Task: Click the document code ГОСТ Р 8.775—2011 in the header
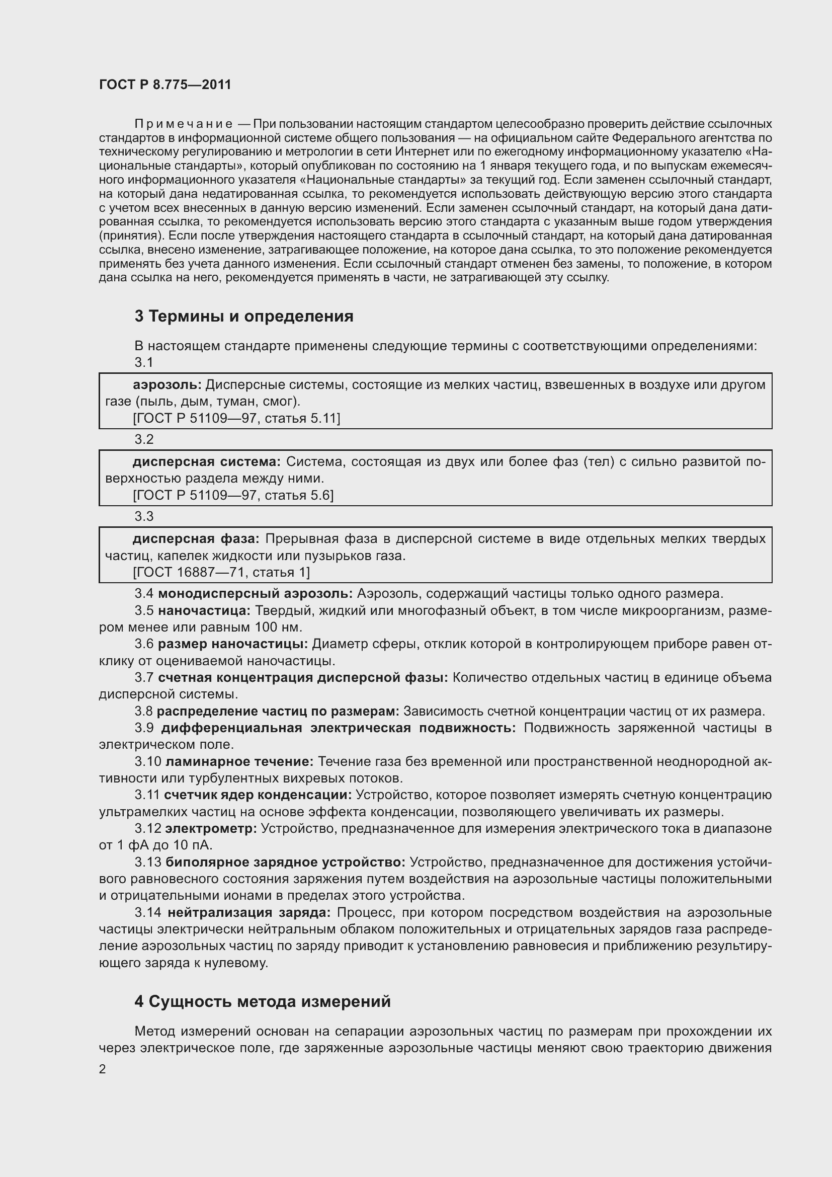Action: [x=165, y=85]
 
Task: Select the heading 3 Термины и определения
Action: [x=244, y=317]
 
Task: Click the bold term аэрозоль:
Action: [x=168, y=384]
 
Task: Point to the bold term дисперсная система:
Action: [x=206, y=462]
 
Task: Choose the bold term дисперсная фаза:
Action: [x=196, y=539]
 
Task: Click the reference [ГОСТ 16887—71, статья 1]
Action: [x=221, y=572]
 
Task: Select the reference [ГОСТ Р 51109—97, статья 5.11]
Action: [x=236, y=418]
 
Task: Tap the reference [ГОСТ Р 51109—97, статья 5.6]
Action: [x=233, y=495]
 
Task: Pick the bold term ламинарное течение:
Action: [x=239, y=761]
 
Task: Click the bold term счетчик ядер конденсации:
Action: [x=258, y=795]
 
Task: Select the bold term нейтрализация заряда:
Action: [x=249, y=912]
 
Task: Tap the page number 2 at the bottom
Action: [x=103, y=1069]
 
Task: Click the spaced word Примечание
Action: [x=184, y=124]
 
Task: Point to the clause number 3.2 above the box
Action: [x=144, y=439]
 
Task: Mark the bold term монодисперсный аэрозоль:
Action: [x=255, y=594]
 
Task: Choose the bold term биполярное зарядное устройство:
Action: [x=285, y=862]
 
